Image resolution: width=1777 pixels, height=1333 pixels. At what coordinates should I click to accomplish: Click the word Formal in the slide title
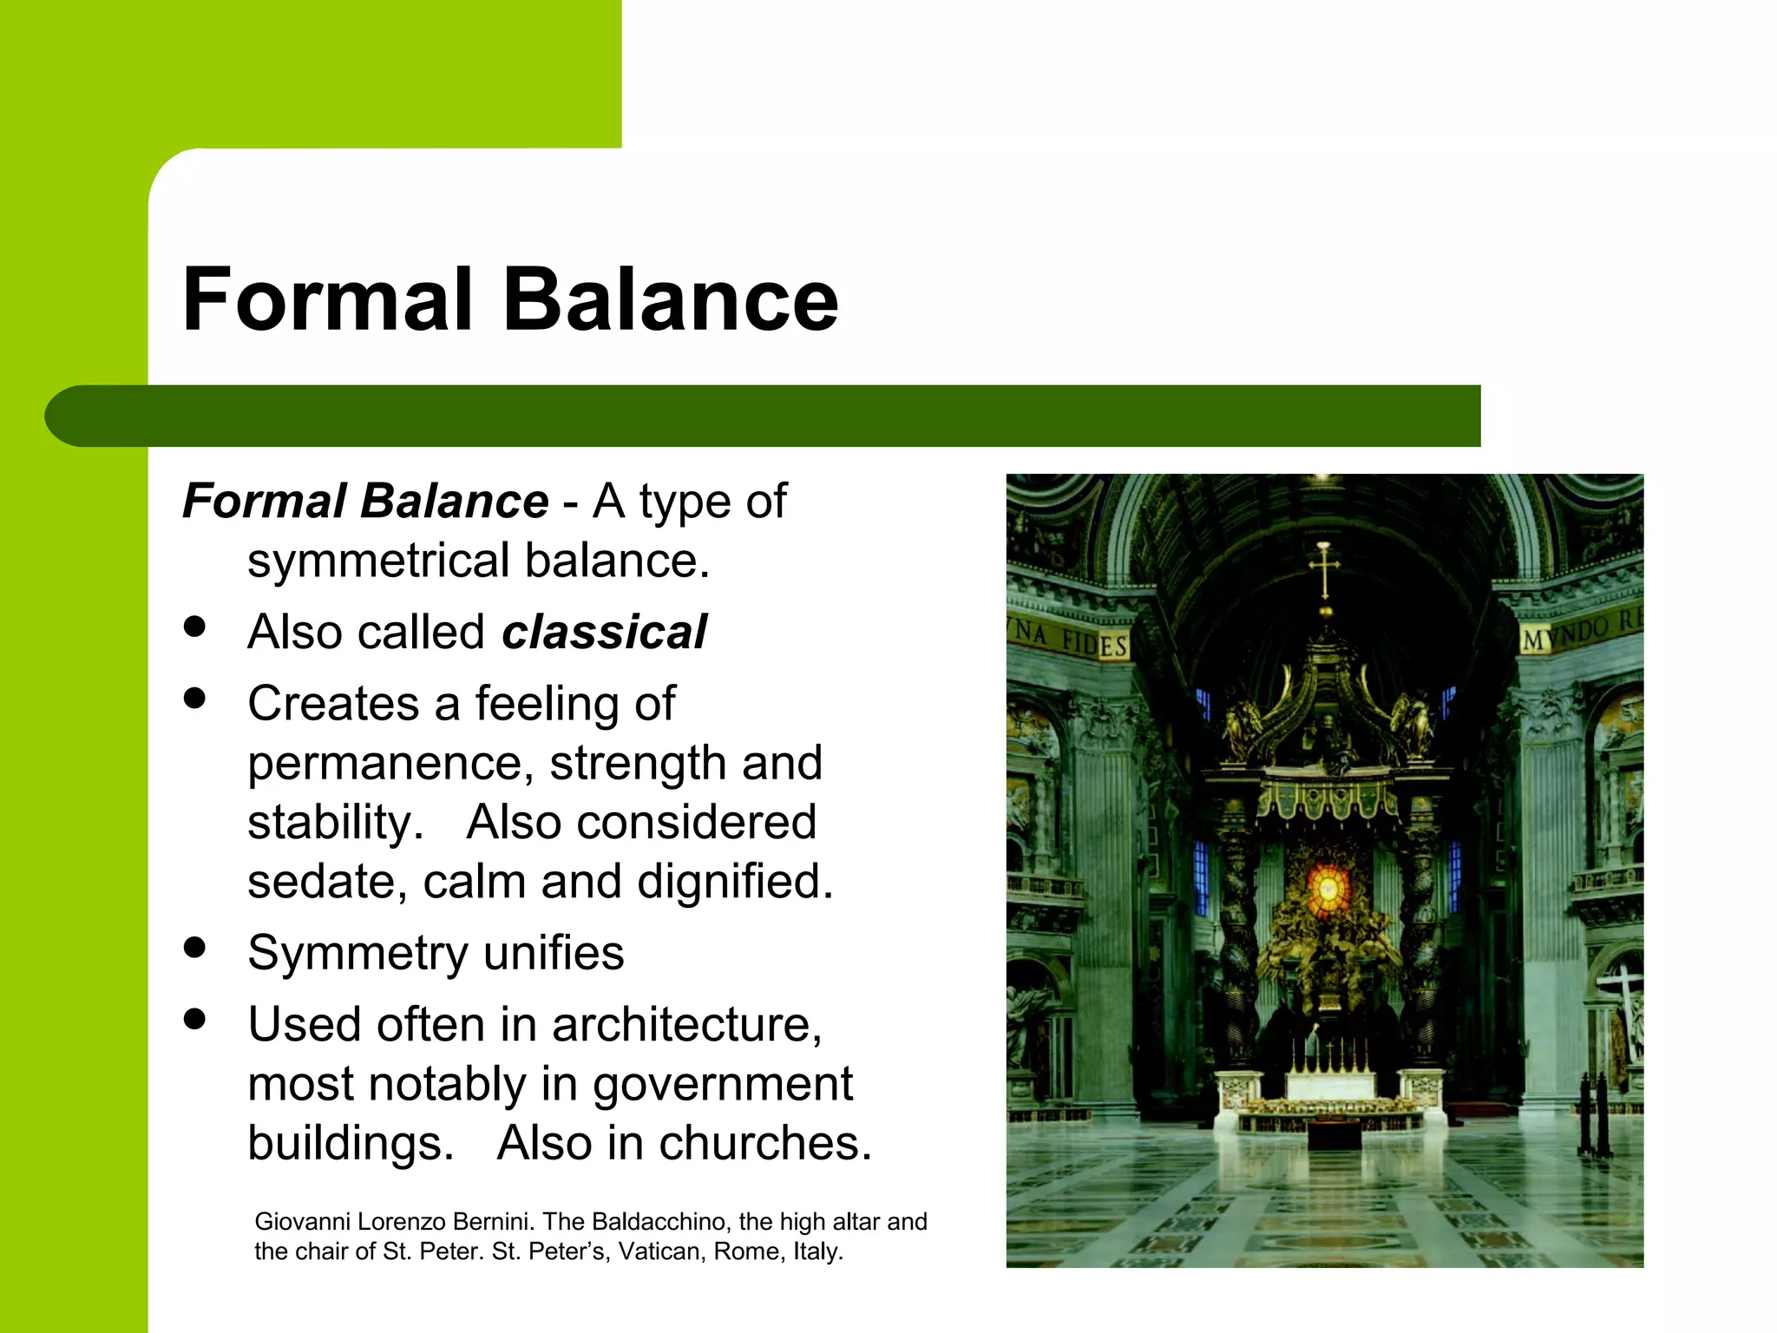point(328,299)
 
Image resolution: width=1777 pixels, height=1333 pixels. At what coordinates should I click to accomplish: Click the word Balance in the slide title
point(671,299)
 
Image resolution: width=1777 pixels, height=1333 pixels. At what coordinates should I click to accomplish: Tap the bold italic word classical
point(604,632)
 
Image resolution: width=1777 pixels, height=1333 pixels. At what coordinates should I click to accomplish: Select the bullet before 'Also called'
point(195,627)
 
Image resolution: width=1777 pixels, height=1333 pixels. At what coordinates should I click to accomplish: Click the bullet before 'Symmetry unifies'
point(195,948)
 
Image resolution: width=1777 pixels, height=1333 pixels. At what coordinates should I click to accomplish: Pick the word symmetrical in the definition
point(378,561)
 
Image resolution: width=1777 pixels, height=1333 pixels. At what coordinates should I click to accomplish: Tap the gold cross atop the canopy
point(1324,568)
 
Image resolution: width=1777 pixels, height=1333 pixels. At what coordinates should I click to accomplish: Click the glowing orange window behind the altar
point(1327,887)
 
